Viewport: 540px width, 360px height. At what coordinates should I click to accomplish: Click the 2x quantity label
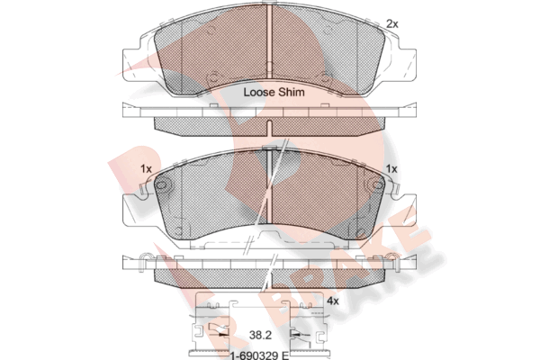[391, 23]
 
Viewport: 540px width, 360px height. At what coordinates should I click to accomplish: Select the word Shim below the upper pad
[292, 93]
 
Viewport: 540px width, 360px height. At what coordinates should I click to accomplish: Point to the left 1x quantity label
[146, 169]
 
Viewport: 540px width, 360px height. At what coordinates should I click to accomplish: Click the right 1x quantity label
[391, 169]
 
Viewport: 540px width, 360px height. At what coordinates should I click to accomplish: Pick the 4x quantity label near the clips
[333, 301]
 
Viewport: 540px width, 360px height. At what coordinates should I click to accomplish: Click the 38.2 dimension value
[260, 335]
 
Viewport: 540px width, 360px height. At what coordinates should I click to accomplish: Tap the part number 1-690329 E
[260, 355]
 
